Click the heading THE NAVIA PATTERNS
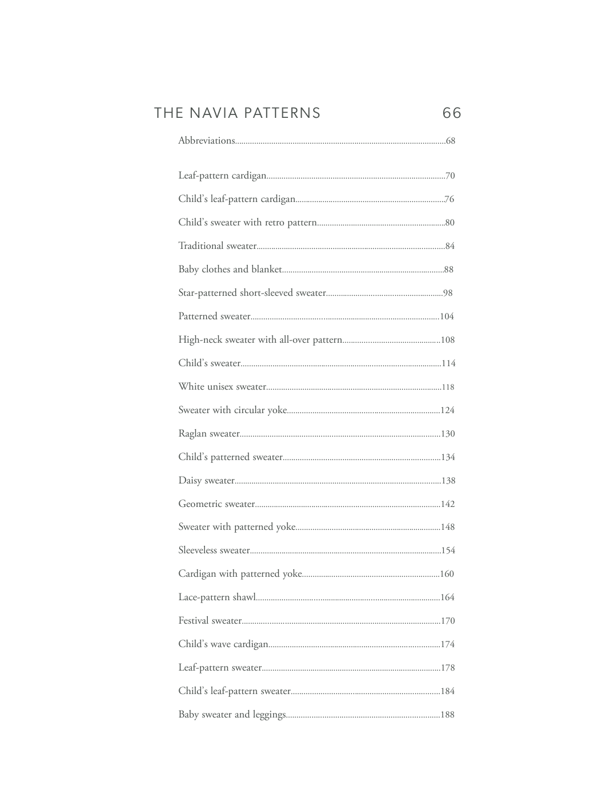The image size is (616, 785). point(237,113)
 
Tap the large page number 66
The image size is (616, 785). point(452,113)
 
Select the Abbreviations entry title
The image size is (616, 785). point(207,141)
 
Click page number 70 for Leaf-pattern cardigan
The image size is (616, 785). point(450,176)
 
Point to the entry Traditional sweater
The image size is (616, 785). point(217,246)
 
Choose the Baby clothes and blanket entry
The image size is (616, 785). point(230,269)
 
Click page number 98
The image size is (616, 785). point(448,293)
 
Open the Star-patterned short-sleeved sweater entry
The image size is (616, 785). point(252,293)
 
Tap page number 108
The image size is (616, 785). point(448,340)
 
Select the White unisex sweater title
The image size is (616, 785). point(222,387)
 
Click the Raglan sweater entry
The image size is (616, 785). point(209,434)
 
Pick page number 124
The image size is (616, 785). point(448,410)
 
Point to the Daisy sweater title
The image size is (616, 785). point(206,481)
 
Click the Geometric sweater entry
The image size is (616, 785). point(216,504)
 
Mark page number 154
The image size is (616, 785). point(448,550)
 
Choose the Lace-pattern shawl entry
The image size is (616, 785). point(217,597)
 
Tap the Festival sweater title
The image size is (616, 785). point(210,621)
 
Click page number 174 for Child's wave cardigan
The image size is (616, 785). point(448,644)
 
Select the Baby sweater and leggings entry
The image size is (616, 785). point(232,715)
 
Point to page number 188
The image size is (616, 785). point(448,715)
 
